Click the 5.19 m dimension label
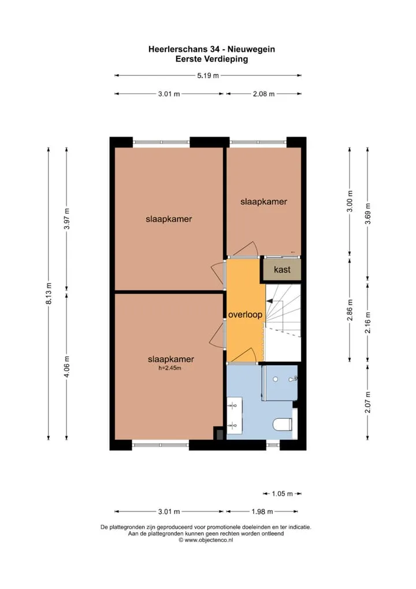208,75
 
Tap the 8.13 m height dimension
49,293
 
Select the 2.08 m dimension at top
263,94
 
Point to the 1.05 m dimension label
282,494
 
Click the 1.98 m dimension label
262,511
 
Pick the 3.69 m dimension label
368,213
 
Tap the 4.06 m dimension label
67,367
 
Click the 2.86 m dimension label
350,310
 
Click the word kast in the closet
282,270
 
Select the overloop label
245,315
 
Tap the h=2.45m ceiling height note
170,368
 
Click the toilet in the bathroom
283,425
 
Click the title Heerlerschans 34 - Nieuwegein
211,49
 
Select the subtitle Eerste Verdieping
211,59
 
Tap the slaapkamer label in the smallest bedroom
263,202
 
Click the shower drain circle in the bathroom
276,380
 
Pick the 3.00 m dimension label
350,201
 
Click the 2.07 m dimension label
368,402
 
